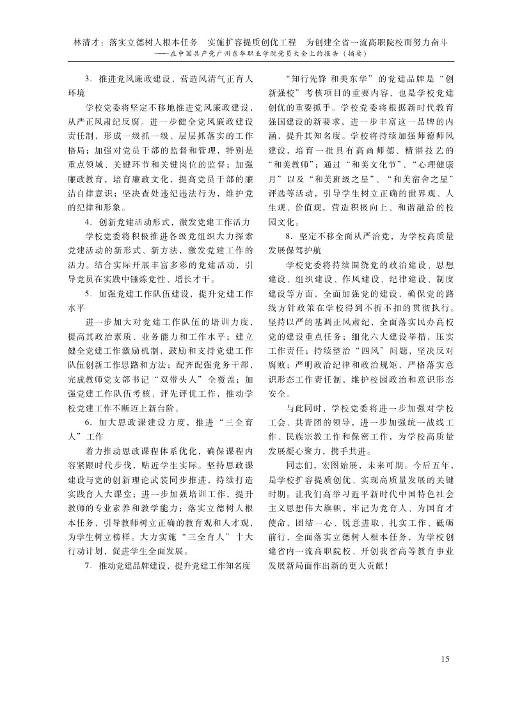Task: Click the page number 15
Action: pos(446,658)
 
